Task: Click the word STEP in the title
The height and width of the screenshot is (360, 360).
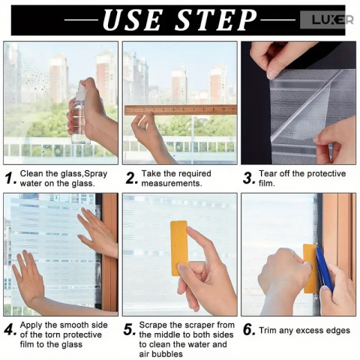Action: tap(216, 20)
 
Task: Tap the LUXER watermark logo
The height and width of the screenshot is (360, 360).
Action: tap(332, 19)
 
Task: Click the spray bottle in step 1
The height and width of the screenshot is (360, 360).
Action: tap(81, 112)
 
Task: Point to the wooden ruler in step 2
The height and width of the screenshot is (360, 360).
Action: tap(181, 110)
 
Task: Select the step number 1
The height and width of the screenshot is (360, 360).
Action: tap(10, 178)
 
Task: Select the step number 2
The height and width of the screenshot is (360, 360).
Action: tap(131, 178)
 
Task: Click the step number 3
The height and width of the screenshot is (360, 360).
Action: tap(249, 178)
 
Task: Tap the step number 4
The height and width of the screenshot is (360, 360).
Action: tap(10, 330)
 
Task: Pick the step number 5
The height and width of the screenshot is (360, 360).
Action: tap(130, 330)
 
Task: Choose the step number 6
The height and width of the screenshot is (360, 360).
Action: tap(249, 330)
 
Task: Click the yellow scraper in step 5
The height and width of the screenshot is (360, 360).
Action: tap(179, 248)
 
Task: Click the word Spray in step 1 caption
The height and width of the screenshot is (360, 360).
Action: tap(96, 174)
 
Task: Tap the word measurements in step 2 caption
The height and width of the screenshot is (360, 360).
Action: tap(172, 184)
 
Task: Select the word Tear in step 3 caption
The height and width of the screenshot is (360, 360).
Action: tap(268, 173)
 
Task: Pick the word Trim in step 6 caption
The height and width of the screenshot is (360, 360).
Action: tap(268, 330)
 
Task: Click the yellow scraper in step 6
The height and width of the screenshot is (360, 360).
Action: tap(310, 268)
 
